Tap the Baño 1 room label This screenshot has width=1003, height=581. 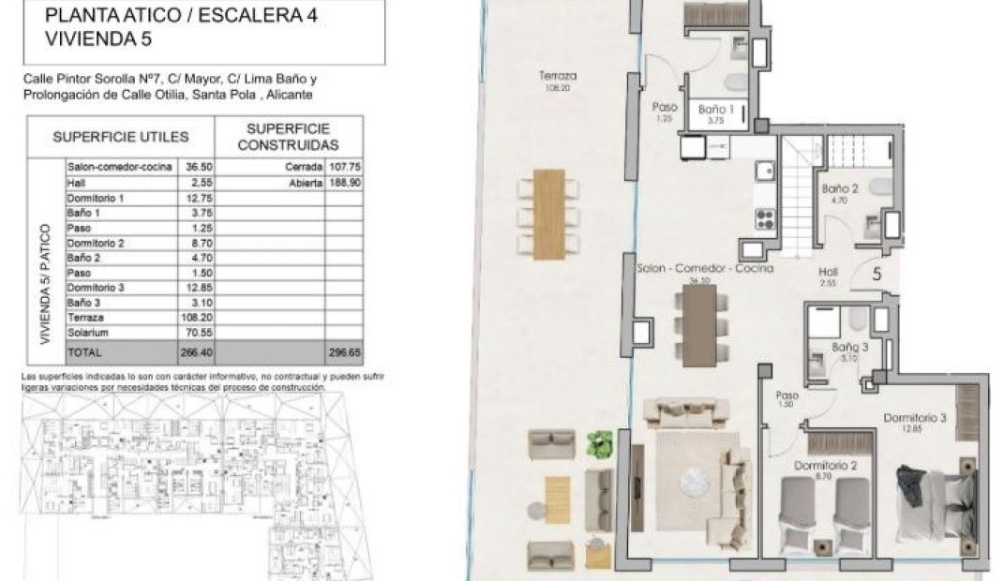click(x=716, y=110)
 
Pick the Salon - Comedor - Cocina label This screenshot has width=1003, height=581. click(x=704, y=269)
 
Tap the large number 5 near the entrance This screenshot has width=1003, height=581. click(x=876, y=275)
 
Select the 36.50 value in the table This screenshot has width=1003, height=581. click(x=196, y=167)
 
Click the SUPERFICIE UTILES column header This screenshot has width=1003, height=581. click(x=121, y=137)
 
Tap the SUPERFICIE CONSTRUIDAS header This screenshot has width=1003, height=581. click(x=288, y=137)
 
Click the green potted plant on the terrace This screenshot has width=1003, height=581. click(x=599, y=443)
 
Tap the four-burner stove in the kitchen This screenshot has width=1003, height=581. click(x=765, y=221)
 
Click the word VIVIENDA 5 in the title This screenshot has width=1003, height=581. click(x=98, y=39)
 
